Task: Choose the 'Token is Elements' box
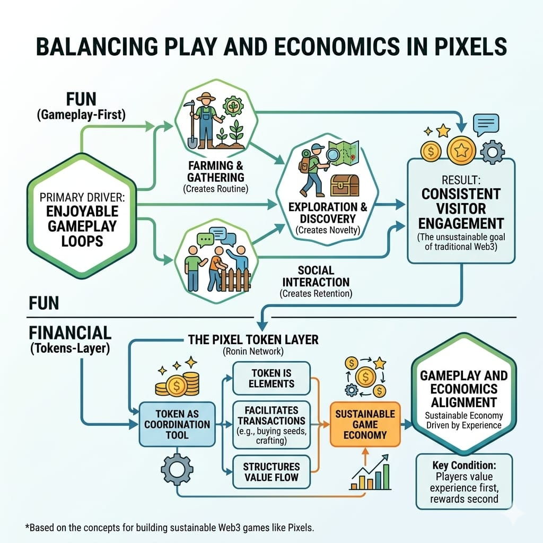[271, 378]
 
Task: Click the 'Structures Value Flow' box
[271, 472]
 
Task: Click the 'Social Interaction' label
[316, 276]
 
